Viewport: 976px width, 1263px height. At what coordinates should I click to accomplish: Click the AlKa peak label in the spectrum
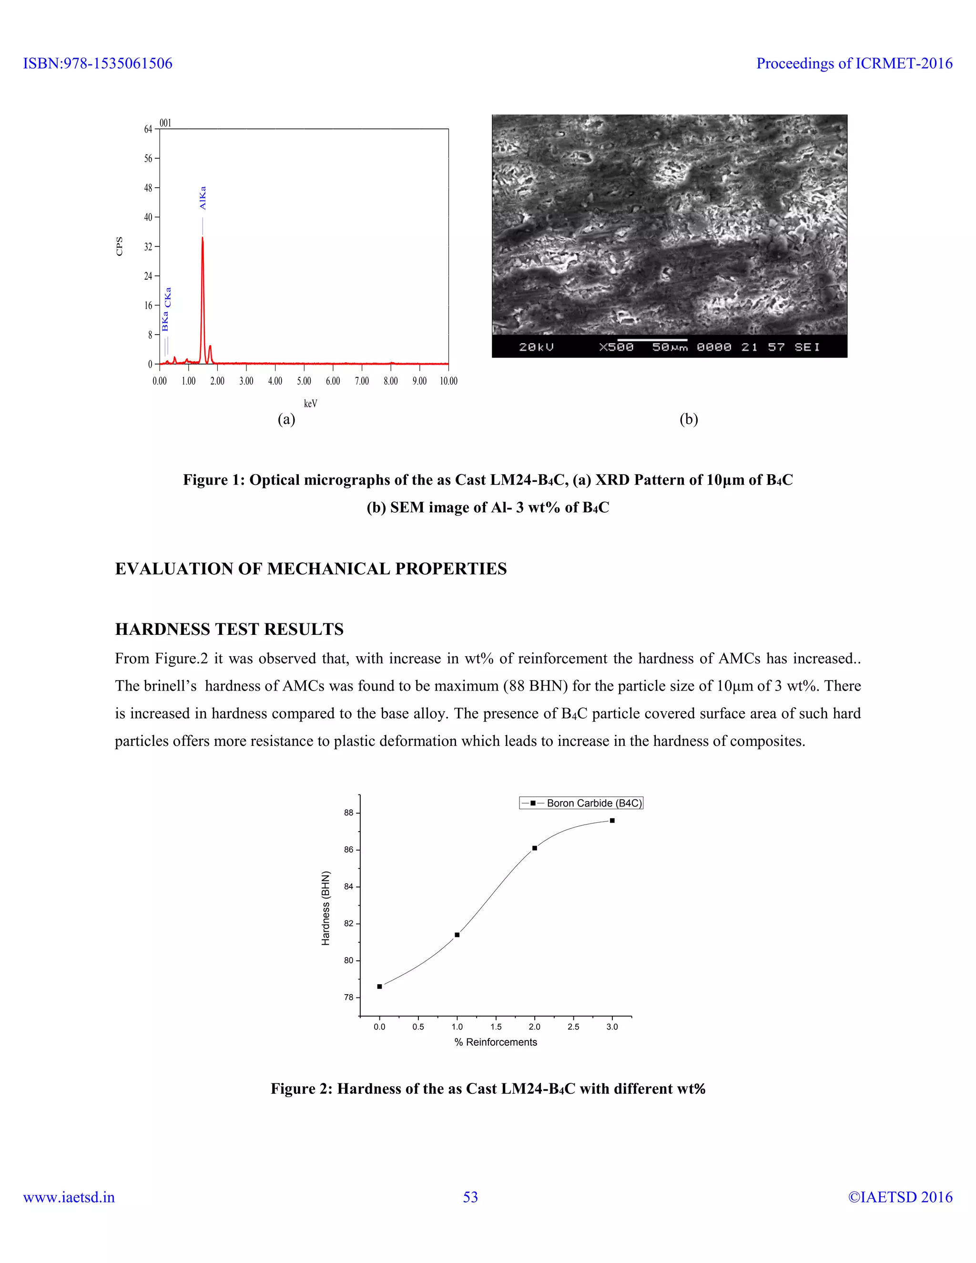coord(203,198)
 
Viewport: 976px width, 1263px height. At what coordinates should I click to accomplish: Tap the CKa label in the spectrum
coord(168,297)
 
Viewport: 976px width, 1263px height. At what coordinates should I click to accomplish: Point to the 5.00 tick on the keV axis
coord(304,381)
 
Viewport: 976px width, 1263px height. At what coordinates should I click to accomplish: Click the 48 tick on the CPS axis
coord(149,188)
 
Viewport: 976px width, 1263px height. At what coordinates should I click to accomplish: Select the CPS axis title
coord(120,246)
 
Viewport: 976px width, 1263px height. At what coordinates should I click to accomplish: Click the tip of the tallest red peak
coord(203,238)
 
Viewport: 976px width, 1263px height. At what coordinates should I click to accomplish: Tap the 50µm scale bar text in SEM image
coord(670,347)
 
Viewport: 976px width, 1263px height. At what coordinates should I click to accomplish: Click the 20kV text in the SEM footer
coord(536,347)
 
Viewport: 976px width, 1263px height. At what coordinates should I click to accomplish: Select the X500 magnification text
coord(616,347)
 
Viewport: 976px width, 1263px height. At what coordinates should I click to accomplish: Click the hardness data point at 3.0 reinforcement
coord(612,821)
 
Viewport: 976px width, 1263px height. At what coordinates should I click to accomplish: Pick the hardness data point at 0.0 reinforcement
coord(379,987)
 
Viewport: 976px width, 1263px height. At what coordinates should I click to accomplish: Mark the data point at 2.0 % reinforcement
coord(535,848)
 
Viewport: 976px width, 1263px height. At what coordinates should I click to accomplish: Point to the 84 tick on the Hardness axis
coord(349,886)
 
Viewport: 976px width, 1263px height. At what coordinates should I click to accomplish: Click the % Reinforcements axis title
coord(496,1042)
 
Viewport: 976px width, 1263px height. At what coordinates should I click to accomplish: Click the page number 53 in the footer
coord(471,1197)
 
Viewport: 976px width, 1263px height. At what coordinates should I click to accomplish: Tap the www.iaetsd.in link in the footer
coord(69,1197)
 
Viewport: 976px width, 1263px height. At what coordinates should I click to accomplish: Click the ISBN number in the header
coord(98,63)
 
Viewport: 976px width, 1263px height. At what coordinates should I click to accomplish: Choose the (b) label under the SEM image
coord(689,419)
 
